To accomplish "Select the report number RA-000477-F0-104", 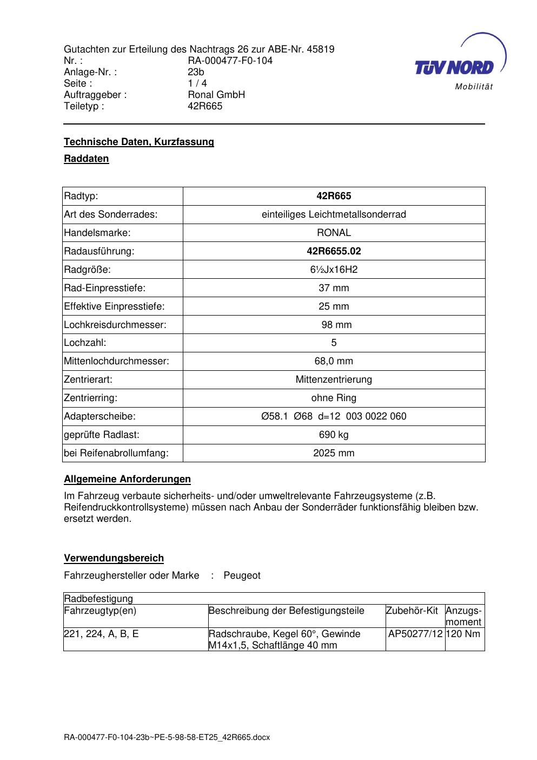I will tap(230, 61).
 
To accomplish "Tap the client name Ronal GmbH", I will tap(216, 95).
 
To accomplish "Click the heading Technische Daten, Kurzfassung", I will tap(139, 142).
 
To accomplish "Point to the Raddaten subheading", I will tap(87, 159).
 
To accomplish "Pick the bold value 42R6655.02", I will tap(334, 251).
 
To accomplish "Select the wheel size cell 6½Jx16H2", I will tap(334, 270).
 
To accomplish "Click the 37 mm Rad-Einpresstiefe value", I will tap(334, 288).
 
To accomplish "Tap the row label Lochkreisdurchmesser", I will tap(115, 325).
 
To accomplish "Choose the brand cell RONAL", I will tap(334, 233).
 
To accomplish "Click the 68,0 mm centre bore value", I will tap(334, 361).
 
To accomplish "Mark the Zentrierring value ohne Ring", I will tap(334, 398).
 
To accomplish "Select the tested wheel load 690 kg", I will tap(334, 435).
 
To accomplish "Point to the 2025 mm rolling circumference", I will tap(334, 453).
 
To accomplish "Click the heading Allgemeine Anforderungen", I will tap(127, 479).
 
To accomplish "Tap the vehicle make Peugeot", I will tap(242, 575).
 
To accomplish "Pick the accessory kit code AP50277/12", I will tap(415, 634).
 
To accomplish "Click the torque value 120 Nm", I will tap(464, 634).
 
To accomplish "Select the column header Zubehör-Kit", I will tap(412, 611).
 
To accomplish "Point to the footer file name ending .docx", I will tap(167, 737).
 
